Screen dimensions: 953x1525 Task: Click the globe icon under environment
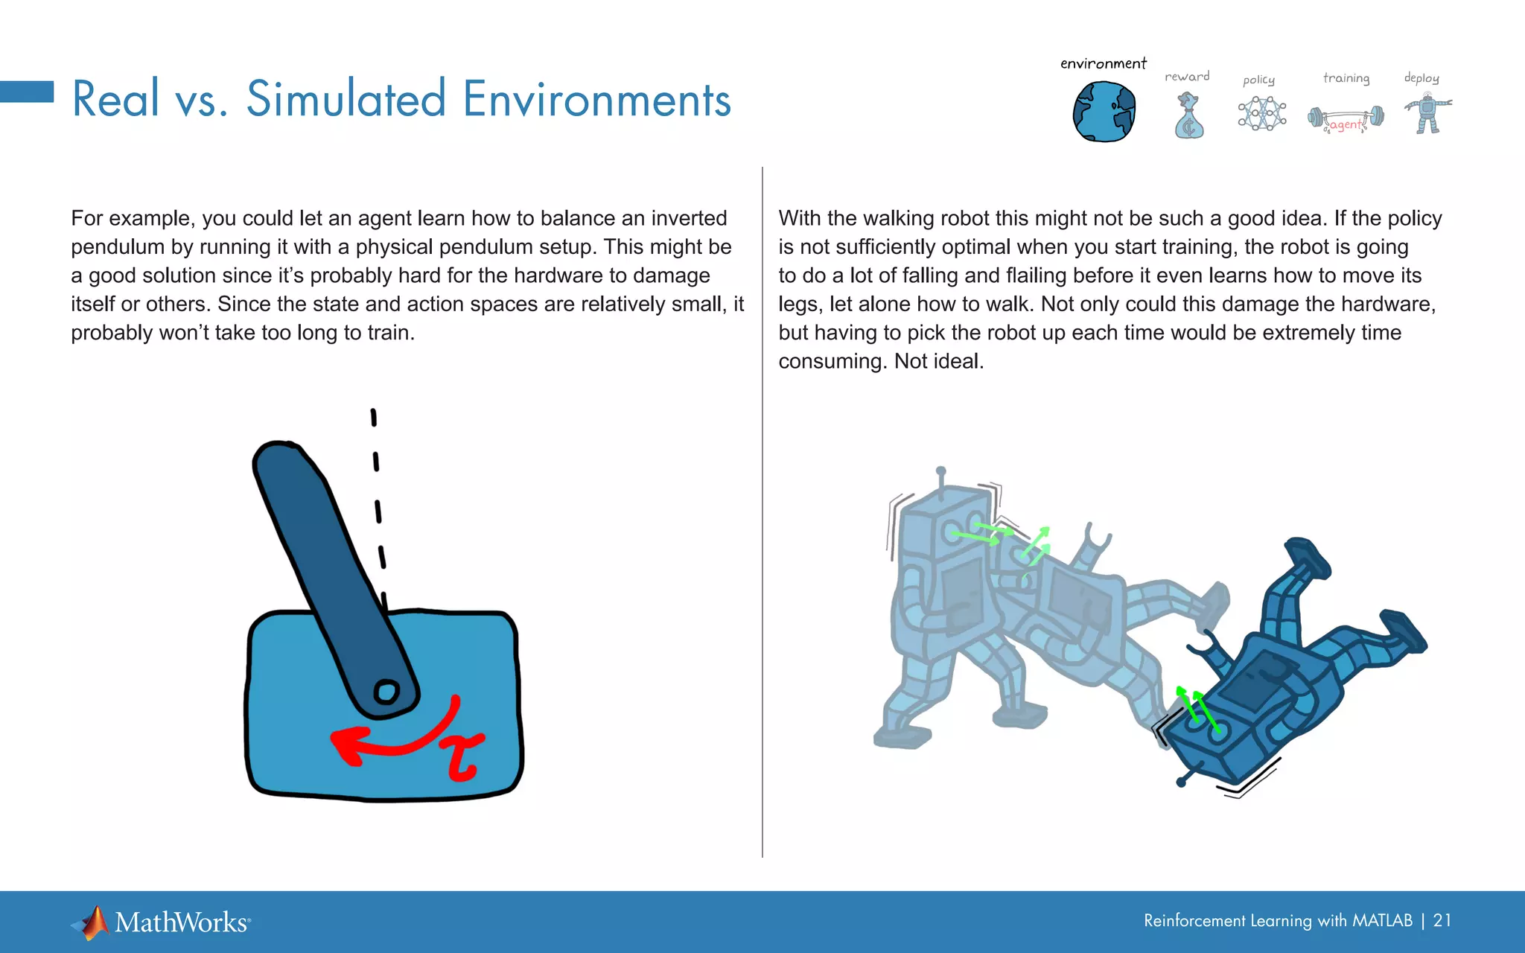tap(1104, 112)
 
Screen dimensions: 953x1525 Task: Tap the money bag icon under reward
tap(1188, 117)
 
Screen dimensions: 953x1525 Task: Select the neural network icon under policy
tap(1261, 114)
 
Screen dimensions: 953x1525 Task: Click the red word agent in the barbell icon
tap(1346, 124)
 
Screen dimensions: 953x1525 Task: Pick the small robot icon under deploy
tap(1427, 113)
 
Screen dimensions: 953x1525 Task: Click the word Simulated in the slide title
tap(346, 99)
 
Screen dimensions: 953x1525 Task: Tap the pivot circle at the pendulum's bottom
tap(386, 692)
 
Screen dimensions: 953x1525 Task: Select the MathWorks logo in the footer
tap(161, 922)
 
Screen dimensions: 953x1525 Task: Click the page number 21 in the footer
tap(1442, 921)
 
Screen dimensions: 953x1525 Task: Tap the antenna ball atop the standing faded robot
tap(941, 471)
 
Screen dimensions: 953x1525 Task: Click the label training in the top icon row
tap(1346, 78)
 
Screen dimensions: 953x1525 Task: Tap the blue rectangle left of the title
tap(27, 92)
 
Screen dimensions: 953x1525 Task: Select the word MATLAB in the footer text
tap(1382, 921)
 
